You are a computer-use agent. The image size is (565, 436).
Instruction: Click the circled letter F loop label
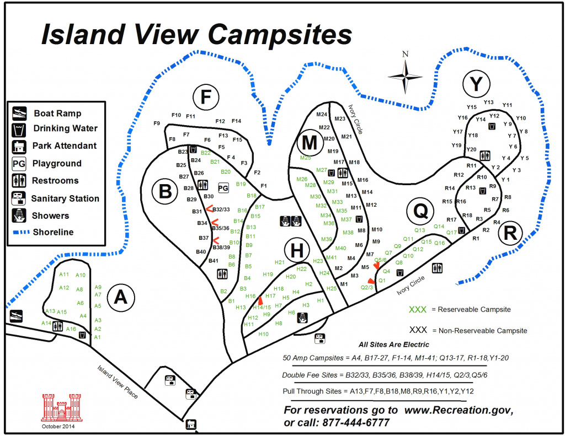click(206, 98)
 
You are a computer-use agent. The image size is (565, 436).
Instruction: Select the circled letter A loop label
click(120, 297)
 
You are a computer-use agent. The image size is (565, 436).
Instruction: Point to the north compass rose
click(405, 75)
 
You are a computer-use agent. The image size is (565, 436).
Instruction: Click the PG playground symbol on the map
click(223, 189)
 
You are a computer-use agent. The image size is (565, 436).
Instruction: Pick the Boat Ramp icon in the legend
click(19, 113)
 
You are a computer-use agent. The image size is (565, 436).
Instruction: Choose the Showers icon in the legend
click(19, 216)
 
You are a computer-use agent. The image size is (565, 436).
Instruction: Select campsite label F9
click(157, 123)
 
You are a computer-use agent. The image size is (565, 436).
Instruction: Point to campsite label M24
click(322, 115)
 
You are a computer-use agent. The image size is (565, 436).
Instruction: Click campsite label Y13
click(489, 102)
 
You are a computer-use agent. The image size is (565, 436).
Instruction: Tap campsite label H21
click(279, 262)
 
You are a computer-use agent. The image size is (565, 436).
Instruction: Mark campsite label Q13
click(420, 230)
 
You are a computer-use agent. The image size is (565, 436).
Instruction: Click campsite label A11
click(64, 274)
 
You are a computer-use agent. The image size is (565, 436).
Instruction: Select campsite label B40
click(201, 252)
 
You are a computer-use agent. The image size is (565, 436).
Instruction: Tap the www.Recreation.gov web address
click(459, 410)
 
